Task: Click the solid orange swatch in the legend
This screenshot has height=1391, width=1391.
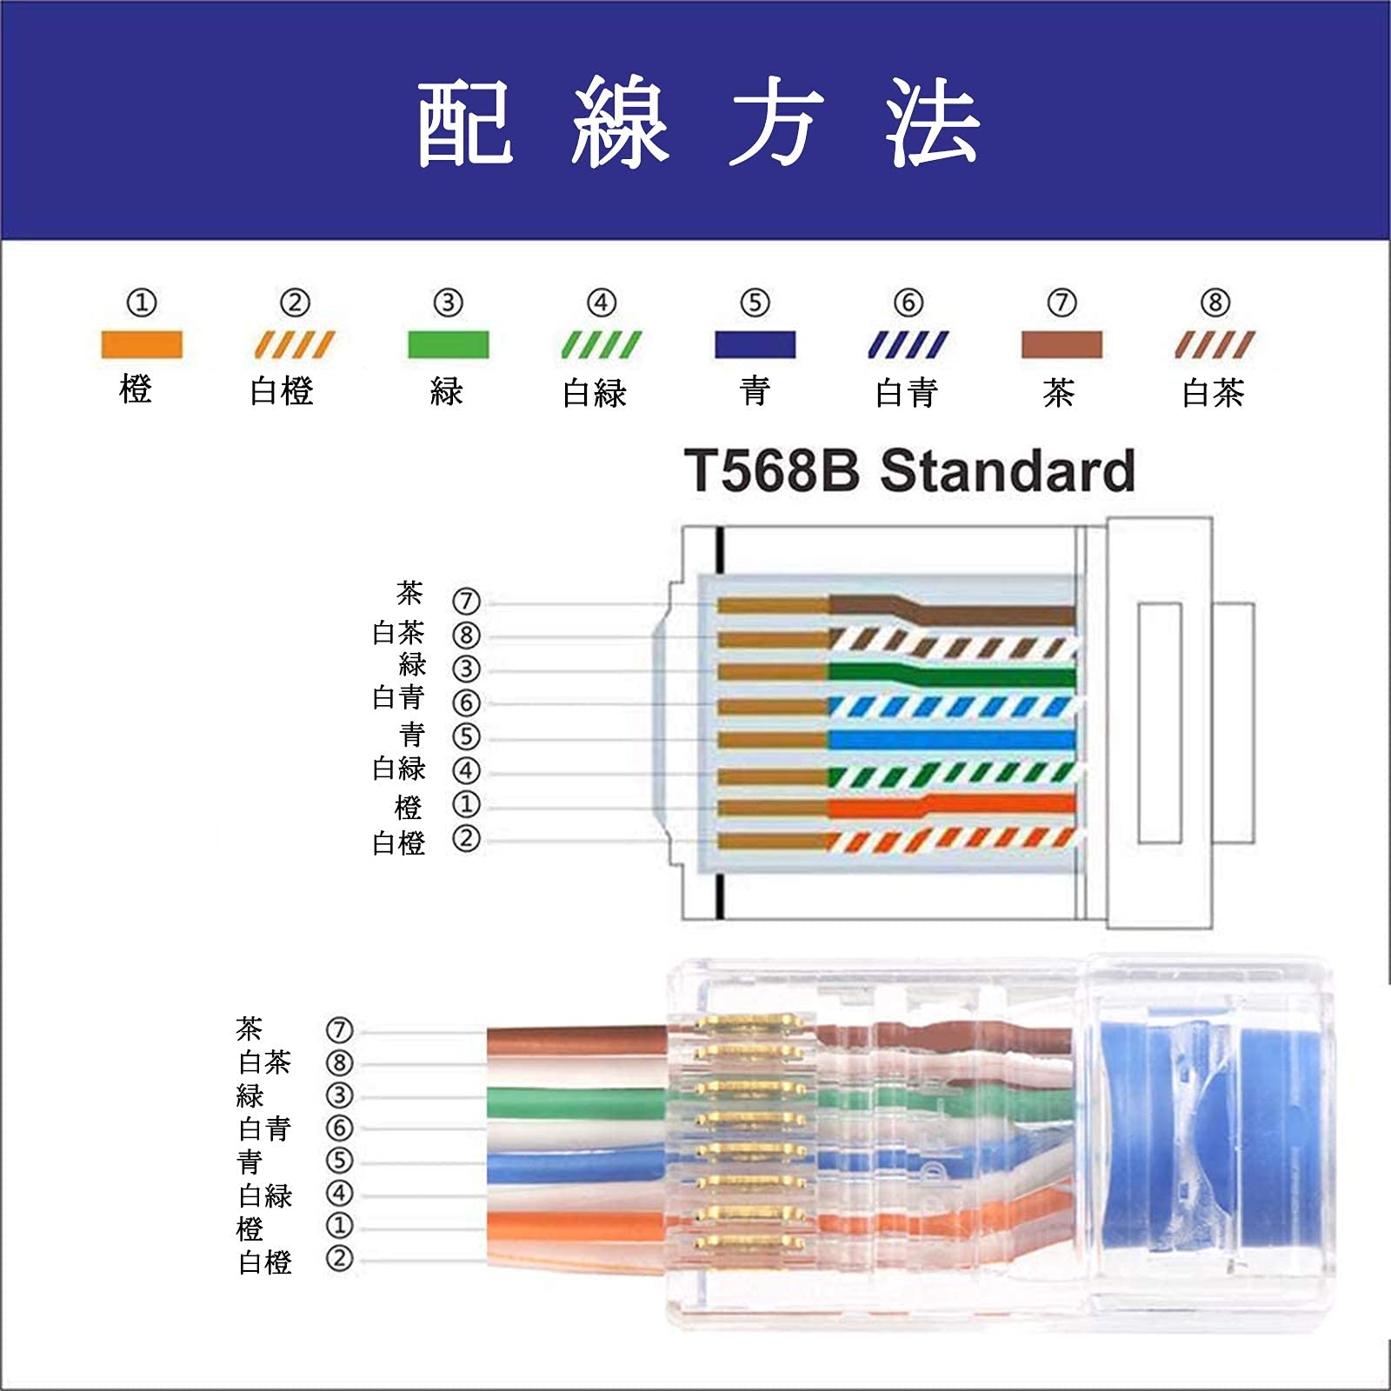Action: [142, 344]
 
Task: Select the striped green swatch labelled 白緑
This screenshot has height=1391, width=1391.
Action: [601, 345]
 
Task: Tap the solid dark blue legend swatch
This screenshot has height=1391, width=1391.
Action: [755, 344]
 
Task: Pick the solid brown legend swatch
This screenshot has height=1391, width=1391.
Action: [1062, 344]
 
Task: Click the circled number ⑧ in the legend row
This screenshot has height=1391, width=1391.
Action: [1215, 303]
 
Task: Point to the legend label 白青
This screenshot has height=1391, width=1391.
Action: [907, 393]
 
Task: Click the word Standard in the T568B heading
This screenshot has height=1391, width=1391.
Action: [1008, 471]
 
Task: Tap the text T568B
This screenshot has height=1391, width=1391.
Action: [772, 471]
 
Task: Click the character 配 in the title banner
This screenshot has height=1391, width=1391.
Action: [465, 123]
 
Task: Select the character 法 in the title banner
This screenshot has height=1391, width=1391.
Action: [933, 123]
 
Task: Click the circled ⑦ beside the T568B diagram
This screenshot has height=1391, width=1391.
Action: [466, 601]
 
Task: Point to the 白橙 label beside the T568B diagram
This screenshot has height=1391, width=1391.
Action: [398, 842]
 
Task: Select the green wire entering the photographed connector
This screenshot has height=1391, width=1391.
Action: [574, 1102]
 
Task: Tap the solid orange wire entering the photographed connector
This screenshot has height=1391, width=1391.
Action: [574, 1226]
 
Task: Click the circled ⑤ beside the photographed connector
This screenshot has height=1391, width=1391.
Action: [339, 1161]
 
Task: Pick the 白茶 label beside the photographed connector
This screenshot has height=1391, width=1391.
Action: [264, 1062]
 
